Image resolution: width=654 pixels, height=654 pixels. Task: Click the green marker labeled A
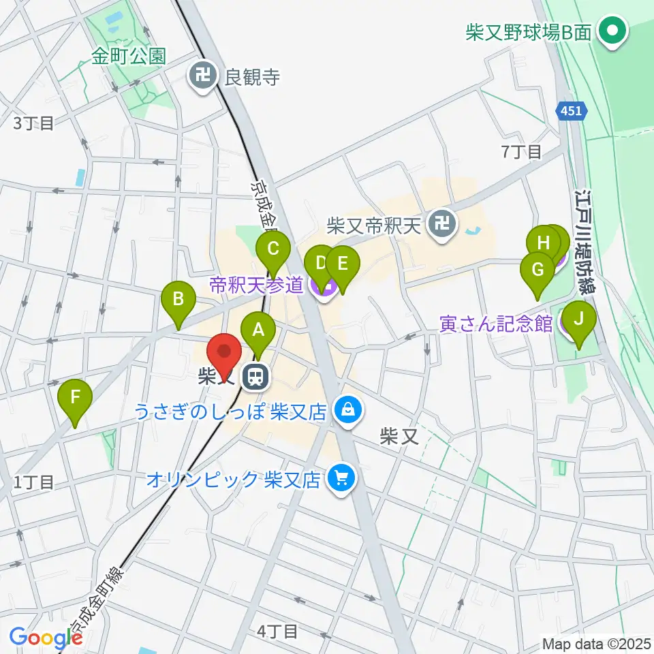click(258, 331)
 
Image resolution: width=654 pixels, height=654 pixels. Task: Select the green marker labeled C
click(273, 249)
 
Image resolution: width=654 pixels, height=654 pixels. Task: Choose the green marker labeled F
click(76, 396)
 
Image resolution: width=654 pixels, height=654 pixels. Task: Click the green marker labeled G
click(537, 270)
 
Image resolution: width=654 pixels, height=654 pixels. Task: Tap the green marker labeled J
click(579, 319)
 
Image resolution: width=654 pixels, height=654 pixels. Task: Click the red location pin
click(224, 354)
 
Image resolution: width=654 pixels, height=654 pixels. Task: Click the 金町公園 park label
click(129, 56)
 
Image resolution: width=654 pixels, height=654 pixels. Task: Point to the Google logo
click(45, 638)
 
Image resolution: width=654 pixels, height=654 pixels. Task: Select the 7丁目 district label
click(522, 152)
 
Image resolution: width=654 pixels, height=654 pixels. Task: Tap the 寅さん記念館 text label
click(496, 324)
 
